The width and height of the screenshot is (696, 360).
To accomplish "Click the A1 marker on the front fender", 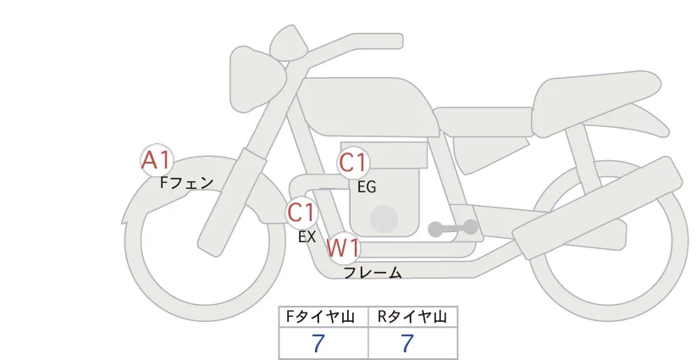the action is click(157, 160).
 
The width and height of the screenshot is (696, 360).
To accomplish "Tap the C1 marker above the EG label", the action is click(353, 163).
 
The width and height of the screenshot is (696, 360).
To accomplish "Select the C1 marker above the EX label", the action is click(301, 212).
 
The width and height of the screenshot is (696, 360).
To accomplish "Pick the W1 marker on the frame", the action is click(343, 248).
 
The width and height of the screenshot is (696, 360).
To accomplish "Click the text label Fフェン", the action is click(186, 183).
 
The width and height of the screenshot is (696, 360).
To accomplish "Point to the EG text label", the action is click(367, 187).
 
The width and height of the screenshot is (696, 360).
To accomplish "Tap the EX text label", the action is click(307, 237).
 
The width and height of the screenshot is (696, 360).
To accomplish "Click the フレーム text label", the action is click(373, 273).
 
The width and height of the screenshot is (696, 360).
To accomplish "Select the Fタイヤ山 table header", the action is click(320, 317).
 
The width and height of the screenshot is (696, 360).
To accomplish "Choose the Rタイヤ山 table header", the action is click(412, 317).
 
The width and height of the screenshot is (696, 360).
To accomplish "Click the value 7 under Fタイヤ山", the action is click(318, 343).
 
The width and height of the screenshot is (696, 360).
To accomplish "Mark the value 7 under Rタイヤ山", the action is click(407, 343).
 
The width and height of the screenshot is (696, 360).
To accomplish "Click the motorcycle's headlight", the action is click(257, 79).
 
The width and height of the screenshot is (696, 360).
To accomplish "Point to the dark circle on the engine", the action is click(384, 219).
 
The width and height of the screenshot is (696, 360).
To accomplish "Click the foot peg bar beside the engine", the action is click(453, 228).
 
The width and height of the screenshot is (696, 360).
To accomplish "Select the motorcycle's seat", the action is click(594, 104).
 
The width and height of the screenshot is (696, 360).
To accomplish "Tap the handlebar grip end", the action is click(396, 41).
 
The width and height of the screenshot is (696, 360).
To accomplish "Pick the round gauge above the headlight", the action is click(289, 42).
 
